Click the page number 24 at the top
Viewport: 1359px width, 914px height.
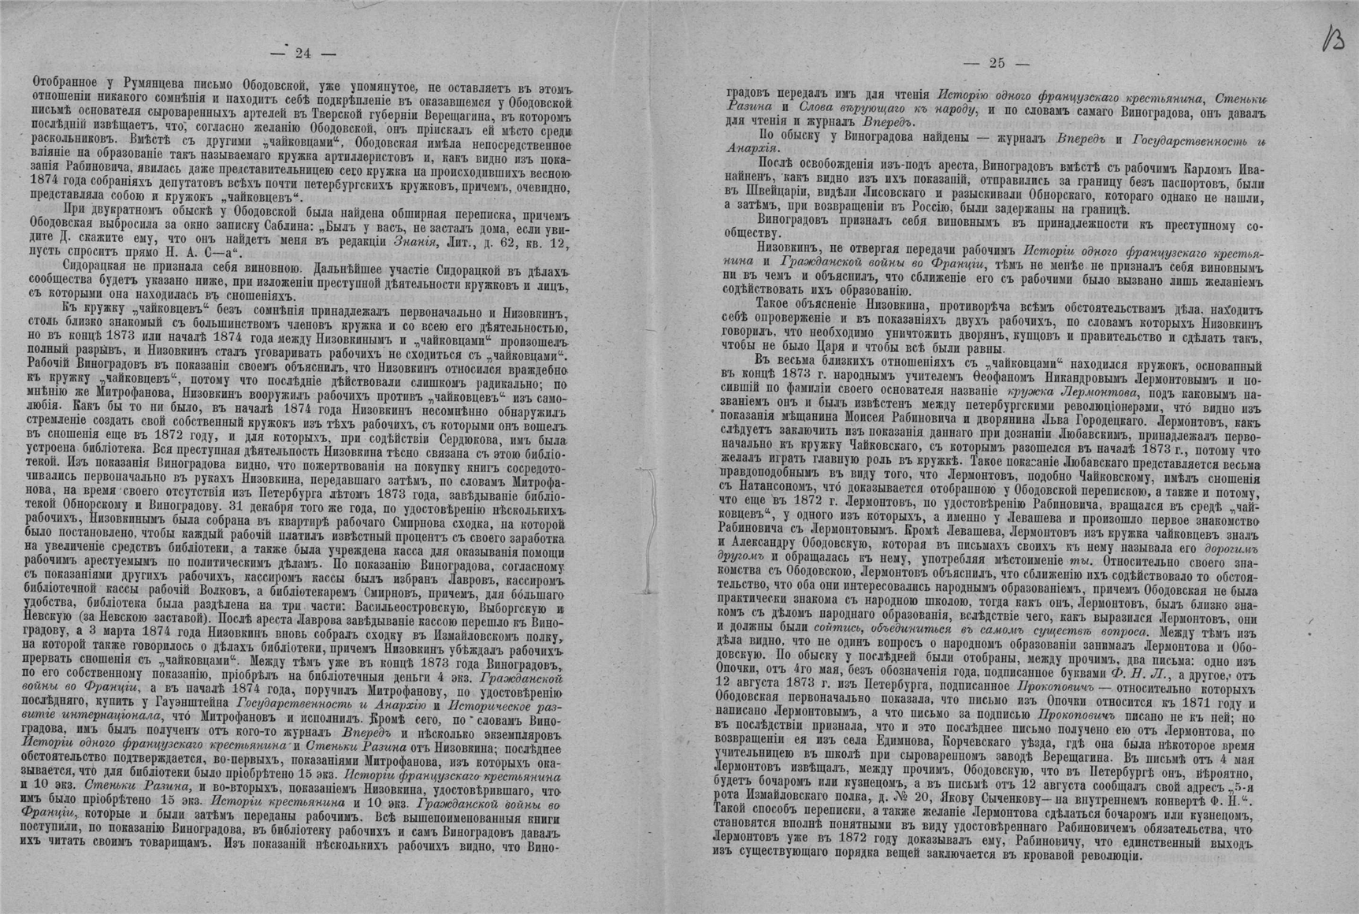[x=303, y=54]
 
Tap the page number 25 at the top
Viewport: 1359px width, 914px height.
[x=997, y=63]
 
